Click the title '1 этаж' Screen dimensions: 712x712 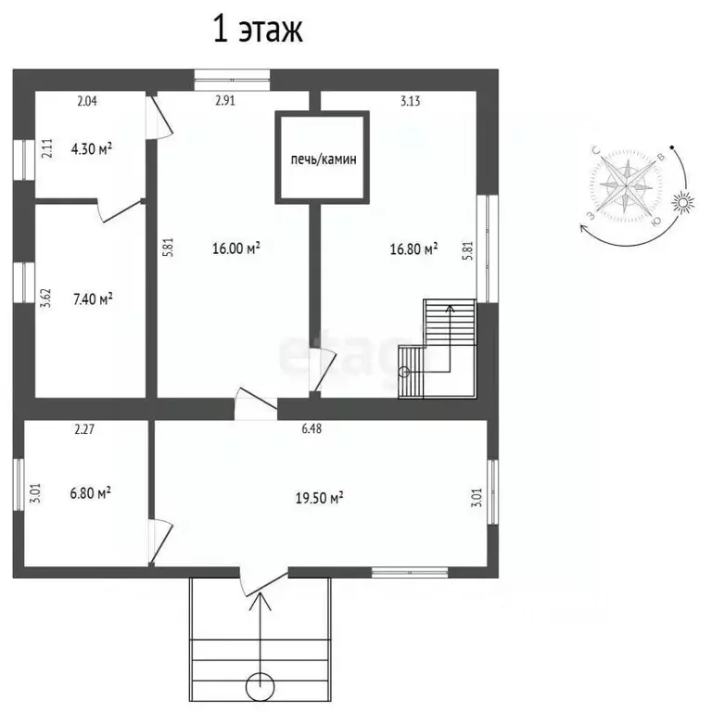(x=259, y=31)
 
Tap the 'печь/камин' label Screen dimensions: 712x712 (x=322, y=159)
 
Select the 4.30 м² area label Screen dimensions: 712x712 (x=92, y=147)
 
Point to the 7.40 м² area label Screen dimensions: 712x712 (x=92, y=299)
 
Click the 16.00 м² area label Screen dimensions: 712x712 (x=236, y=248)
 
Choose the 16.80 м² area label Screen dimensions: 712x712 (x=413, y=248)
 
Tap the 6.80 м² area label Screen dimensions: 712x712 (x=92, y=493)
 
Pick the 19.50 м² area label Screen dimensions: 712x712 (x=320, y=498)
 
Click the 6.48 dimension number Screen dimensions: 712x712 (x=310, y=429)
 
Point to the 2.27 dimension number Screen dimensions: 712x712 (x=85, y=429)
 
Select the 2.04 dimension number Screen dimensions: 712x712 (x=86, y=102)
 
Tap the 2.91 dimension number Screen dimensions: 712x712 (x=223, y=102)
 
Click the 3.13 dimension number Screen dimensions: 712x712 (x=411, y=102)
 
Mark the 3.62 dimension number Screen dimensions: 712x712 (x=44, y=299)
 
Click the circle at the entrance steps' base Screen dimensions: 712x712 (x=261, y=686)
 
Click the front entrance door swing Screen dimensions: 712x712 (x=262, y=580)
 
